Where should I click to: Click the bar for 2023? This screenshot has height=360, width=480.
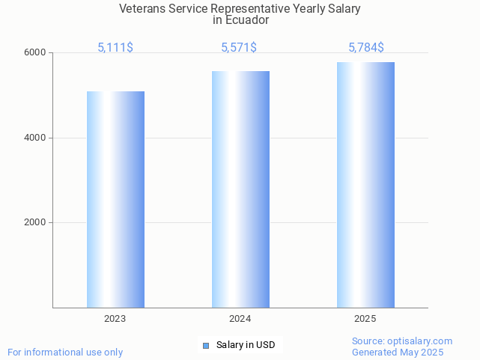(115, 199)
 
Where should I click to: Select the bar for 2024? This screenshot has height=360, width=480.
(240, 189)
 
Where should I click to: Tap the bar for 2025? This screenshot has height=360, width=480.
(365, 185)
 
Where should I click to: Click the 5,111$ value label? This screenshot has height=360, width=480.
(115, 47)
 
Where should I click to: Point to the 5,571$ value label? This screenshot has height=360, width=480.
(239, 47)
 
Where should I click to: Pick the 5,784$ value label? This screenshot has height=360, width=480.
(366, 47)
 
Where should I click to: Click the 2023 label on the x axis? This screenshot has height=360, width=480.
(115, 319)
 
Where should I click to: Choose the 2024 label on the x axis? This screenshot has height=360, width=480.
(240, 319)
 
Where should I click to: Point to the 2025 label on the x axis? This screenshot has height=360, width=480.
(365, 319)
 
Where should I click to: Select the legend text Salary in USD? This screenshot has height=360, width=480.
(246, 345)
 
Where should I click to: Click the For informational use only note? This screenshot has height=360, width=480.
(65, 352)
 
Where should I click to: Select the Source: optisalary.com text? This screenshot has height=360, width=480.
(402, 341)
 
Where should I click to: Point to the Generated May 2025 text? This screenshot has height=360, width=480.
(398, 353)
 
